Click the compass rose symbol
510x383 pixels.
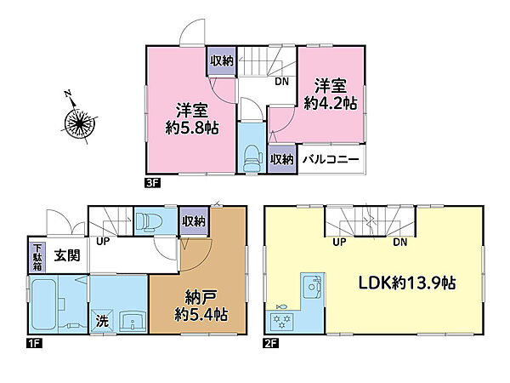pos(78,124)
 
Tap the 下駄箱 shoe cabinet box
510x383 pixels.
pos(37,254)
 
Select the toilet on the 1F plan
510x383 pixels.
pos(149,220)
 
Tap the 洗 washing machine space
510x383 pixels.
pos(101,323)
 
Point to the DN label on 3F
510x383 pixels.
pos(280,82)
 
